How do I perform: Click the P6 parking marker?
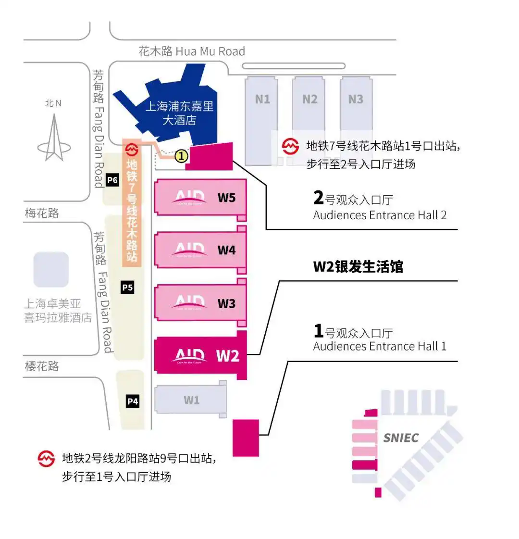pyautogui.click(x=112, y=180)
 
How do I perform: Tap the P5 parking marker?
pyautogui.click(x=127, y=288)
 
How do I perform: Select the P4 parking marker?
pyautogui.click(x=133, y=401)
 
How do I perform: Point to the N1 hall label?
pyautogui.click(x=262, y=99)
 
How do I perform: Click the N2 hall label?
pyautogui.click(x=309, y=99)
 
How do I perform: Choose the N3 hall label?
pyautogui.click(x=356, y=99)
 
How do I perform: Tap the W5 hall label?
pyautogui.click(x=226, y=198)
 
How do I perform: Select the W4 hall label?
pyautogui.click(x=226, y=250)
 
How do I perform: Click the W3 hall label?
pyautogui.click(x=226, y=303)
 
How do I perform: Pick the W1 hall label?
pyautogui.click(x=191, y=400)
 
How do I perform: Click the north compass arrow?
pyautogui.click(x=53, y=137)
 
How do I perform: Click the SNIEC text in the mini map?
pyautogui.click(x=401, y=438)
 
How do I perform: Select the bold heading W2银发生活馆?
pyautogui.click(x=358, y=267)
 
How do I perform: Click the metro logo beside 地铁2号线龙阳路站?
pyautogui.click(x=46, y=459)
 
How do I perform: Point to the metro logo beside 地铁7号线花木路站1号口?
pyautogui.click(x=290, y=146)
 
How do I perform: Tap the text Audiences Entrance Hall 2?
pyautogui.click(x=380, y=215)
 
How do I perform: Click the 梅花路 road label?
pyautogui.click(x=42, y=213)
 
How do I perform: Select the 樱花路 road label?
pyautogui.click(x=42, y=366)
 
